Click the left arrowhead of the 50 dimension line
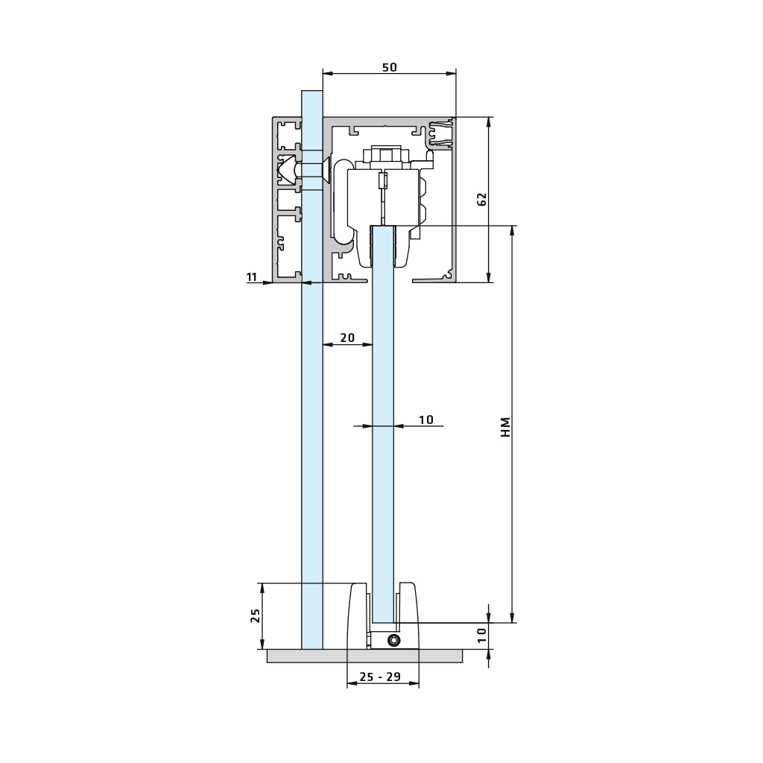coord(328,74)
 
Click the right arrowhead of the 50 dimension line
coord(452,74)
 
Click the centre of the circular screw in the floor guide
coord(393,640)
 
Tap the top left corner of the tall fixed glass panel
coord(302,91)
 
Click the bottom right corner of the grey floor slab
coord(462,662)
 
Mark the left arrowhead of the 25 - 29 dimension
coord(352,684)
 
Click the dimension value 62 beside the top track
coord(482,200)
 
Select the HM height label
coord(506,427)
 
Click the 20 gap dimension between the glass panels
coord(347,338)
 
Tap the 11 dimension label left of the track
coord(252,277)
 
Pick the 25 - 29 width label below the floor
coord(380,677)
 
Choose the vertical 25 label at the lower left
coord(256,615)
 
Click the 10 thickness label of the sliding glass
coord(425,420)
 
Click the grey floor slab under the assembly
coord(365,656)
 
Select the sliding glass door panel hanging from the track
coord(383,423)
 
